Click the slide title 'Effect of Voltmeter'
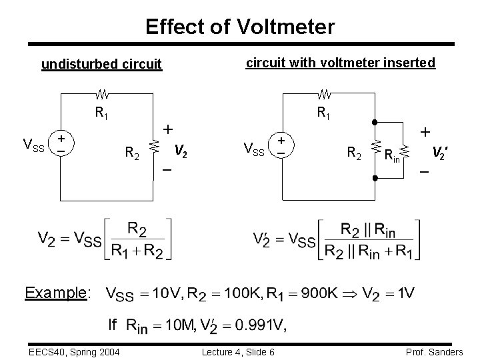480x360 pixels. (240, 27)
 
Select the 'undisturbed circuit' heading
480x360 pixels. (101, 65)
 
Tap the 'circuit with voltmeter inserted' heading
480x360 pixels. (341, 63)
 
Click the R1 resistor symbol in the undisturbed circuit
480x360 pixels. (104, 93)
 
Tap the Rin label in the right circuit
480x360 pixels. (392, 155)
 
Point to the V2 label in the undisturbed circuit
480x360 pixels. (180, 150)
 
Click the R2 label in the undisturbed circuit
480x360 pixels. (133, 155)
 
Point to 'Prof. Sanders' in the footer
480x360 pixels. (437, 351)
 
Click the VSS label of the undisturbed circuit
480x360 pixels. (34, 145)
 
